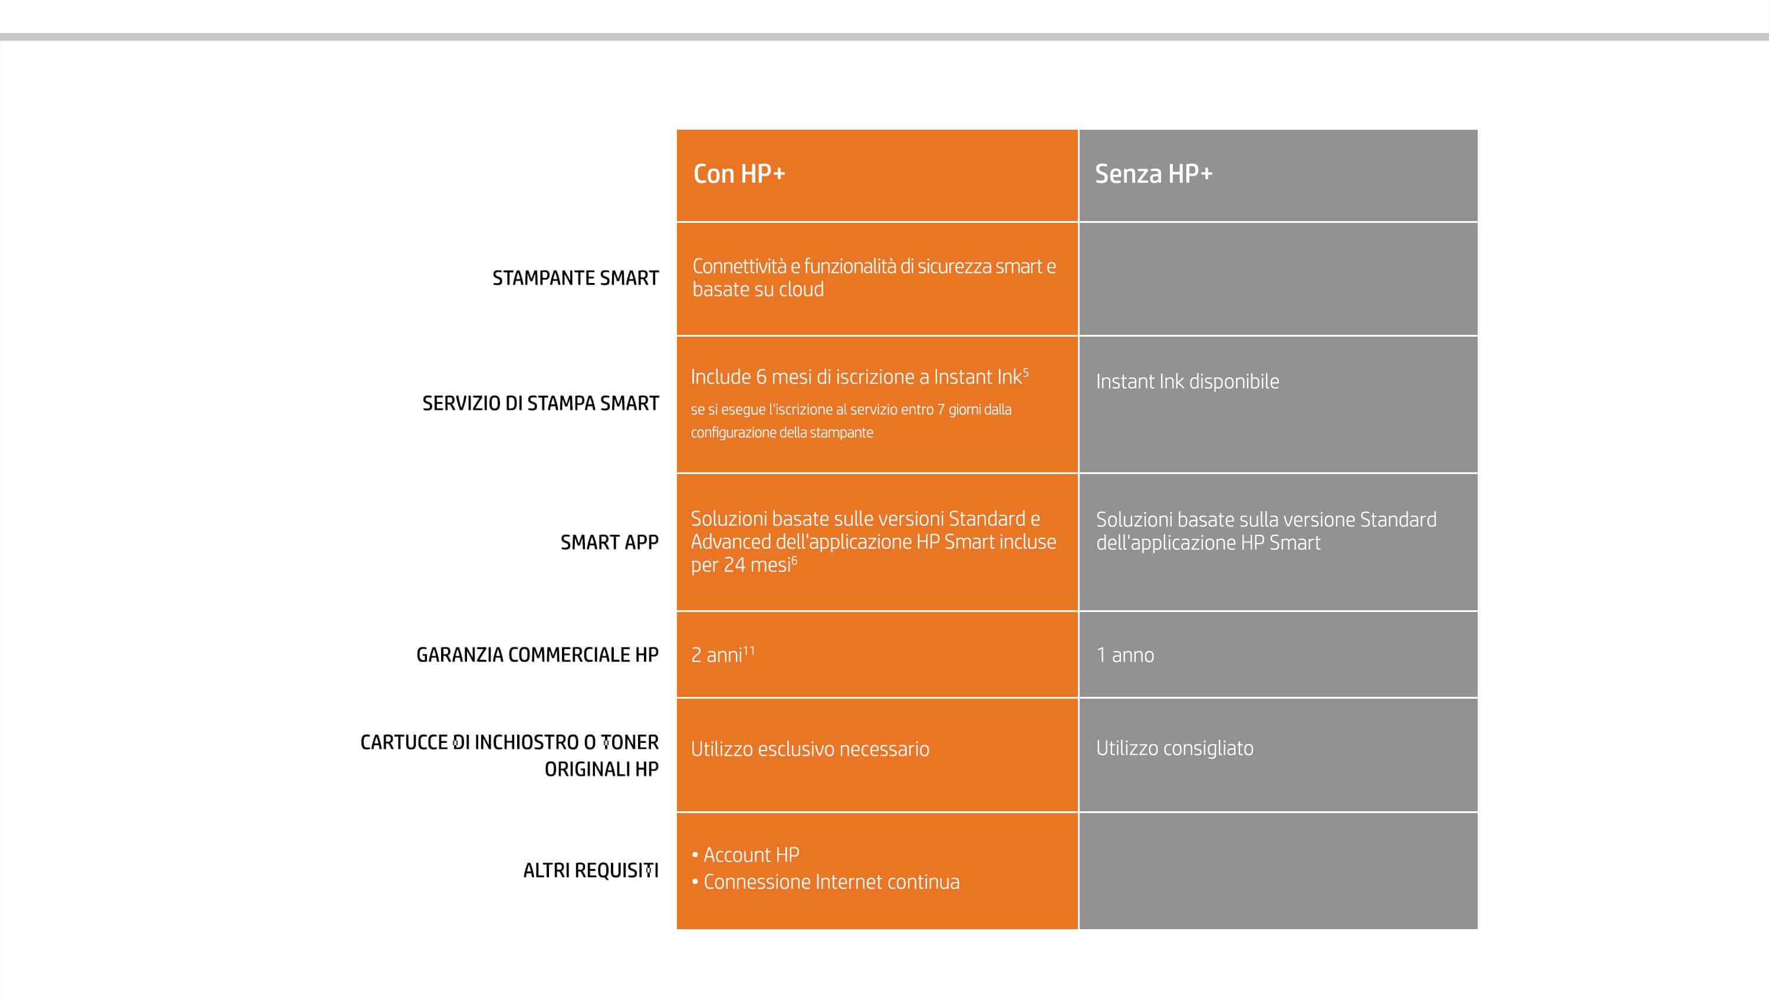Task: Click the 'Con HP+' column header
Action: pyautogui.click(x=739, y=174)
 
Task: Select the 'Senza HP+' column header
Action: pyautogui.click(x=1154, y=174)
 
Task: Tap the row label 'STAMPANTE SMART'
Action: pyautogui.click(x=576, y=278)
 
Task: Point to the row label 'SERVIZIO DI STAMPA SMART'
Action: pyautogui.click(x=541, y=403)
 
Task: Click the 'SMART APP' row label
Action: pyautogui.click(x=609, y=542)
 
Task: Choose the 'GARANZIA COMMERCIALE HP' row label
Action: pyautogui.click(x=537, y=654)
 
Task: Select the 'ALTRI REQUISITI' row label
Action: pyautogui.click(x=591, y=870)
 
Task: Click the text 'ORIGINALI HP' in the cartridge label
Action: pyautogui.click(x=601, y=769)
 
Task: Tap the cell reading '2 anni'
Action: pyautogui.click(x=716, y=655)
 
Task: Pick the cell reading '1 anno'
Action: pyautogui.click(x=1125, y=655)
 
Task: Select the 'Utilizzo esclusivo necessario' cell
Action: pyautogui.click(x=810, y=748)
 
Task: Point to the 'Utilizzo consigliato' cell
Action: pyautogui.click(x=1174, y=748)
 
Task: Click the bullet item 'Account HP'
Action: pyautogui.click(x=751, y=855)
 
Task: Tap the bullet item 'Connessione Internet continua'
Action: pyautogui.click(x=831, y=881)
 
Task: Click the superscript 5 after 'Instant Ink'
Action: pyautogui.click(x=1025, y=373)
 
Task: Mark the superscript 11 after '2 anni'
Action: pyautogui.click(x=748, y=650)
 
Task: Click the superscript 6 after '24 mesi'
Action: pyautogui.click(x=794, y=560)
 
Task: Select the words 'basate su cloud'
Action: pyautogui.click(x=758, y=289)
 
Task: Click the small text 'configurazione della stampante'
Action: pyautogui.click(x=781, y=433)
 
